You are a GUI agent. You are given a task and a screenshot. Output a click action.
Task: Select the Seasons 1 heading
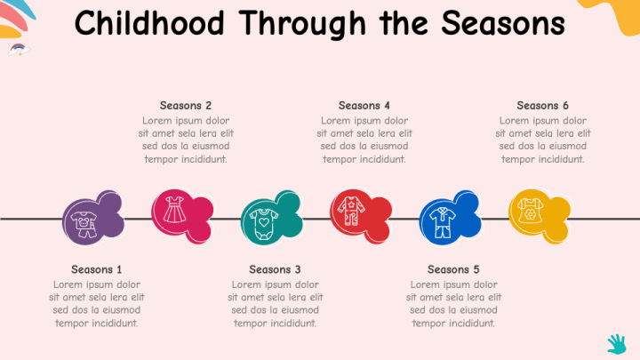(x=97, y=269)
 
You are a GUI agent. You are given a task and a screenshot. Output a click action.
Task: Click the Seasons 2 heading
(x=186, y=106)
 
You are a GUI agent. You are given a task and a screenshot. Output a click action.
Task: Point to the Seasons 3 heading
(x=275, y=269)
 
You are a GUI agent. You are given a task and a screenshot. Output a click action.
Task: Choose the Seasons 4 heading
(x=364, y=106)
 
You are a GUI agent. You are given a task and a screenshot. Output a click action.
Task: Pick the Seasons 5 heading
(x=453, y=269)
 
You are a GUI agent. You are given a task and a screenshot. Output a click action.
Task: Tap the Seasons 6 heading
(x=542, y=106)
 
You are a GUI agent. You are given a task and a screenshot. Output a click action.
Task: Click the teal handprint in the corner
(x=617, y=343)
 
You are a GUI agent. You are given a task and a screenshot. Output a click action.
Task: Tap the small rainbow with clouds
(x=16, y=49)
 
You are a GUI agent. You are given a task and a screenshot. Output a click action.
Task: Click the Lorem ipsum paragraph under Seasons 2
(x=186, y=140)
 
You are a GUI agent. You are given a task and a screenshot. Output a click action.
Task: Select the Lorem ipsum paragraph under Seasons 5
(x=453, y=304)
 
